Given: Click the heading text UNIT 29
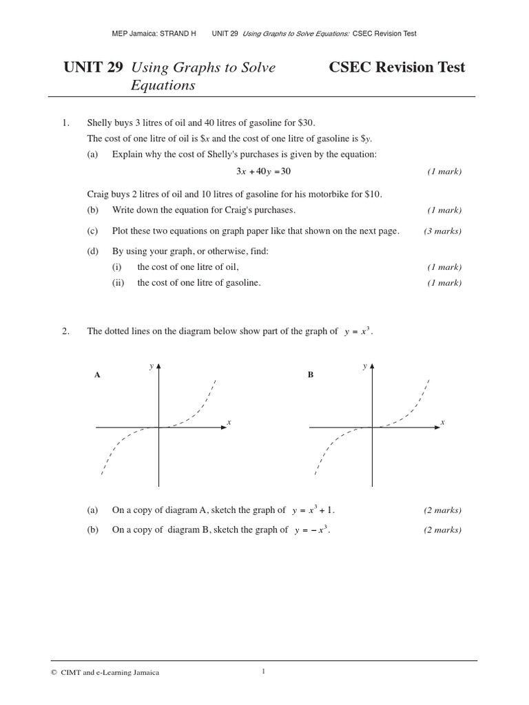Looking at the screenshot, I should pyautogui.click(x=93, y=67).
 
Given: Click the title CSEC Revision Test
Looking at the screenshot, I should pyautogui.click(x=397, y=67).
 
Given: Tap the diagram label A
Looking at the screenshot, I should pyautogui.click(x=97, y=375).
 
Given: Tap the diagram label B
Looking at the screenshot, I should pyautogui.click(x=311, y=375).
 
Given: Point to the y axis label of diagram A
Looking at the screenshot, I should pyautogui.click(x=152, y=366).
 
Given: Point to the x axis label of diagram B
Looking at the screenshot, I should pyautogui.click(x=442, y=421).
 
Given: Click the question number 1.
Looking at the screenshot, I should pyautogui.click(x=66, y=123).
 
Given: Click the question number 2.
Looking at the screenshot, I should pyautogui.click(x=66, y=331).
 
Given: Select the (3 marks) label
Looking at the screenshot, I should pyautogui.click(x=442, y=231).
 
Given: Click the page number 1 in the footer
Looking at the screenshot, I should pyautogui.click(x=263, y=672).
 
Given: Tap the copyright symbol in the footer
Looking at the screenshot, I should pyautogui.click(x=54, y=673).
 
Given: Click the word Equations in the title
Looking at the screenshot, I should pyautogui.click(x=163, y=85).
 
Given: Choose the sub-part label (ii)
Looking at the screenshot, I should pyautogui.click(x=118, y=282).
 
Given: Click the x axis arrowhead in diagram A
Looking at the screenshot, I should pyautogui.click(x=222, y=428).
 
